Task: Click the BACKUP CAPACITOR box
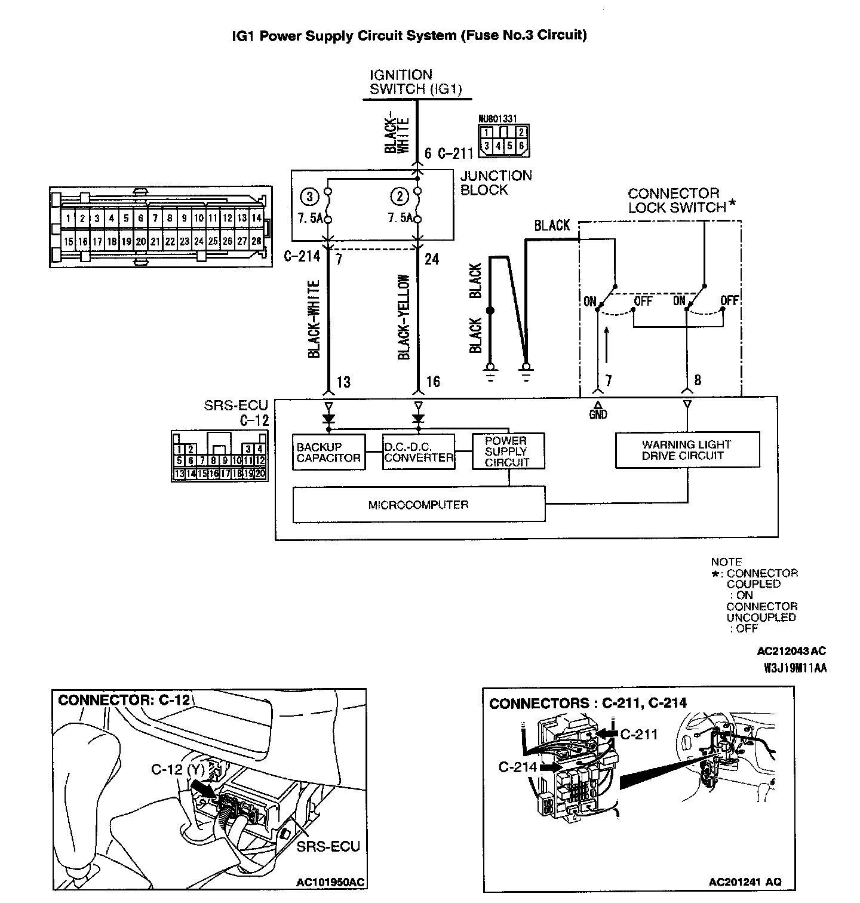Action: click(328, 452)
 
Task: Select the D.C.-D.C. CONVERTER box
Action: click(418, 452)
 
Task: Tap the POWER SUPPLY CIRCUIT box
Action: click(508, 451)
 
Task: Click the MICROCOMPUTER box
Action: click(419, 505)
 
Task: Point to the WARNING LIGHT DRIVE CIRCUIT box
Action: click(687, 450)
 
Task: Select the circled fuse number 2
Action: click(398, 196)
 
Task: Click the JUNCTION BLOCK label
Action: click(496, 183)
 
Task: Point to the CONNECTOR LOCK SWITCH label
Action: click(677, 201)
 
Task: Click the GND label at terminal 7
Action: click(597, 414)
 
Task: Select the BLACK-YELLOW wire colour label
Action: click(404, 317)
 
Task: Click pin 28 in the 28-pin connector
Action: click(256, 242)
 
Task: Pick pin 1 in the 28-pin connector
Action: click(69, 219)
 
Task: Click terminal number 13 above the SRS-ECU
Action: click(343, 382)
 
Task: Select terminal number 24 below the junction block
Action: click(431, 259)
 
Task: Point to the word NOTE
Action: click(726, 562)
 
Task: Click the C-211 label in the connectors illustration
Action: click(639, 733)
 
